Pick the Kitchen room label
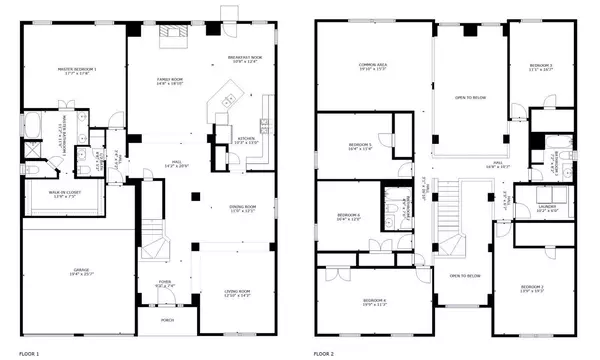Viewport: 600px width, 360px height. [246, 140]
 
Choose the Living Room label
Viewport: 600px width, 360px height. [237, 292]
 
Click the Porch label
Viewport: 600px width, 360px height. [166, 321]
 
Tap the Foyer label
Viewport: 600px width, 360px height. [166, 284]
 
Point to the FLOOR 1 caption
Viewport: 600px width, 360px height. [30, 353]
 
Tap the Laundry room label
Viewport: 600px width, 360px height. [547, 208]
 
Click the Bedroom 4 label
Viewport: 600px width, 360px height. [373, 302]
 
